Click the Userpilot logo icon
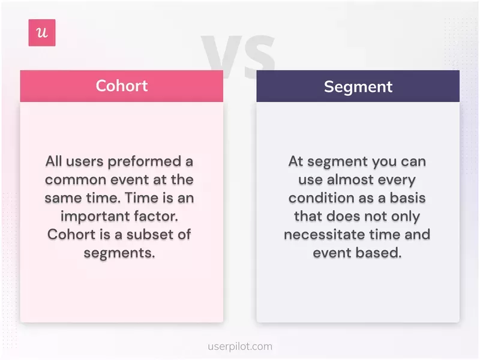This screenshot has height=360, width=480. (x=42, y=33)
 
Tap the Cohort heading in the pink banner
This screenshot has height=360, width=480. (x=121, y=85)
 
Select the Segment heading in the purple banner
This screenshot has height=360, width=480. (x=358, y=86)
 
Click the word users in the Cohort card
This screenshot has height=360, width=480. (x=85, y=161)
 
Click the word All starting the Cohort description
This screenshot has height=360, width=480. (x=55, y=161)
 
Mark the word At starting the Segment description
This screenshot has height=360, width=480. (x=296, y=161)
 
